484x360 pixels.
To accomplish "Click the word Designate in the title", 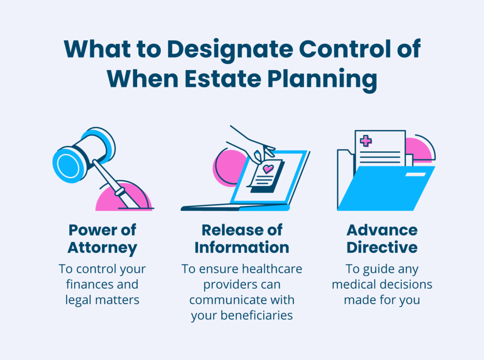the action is point(230,50).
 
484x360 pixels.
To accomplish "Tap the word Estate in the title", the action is point(223,79).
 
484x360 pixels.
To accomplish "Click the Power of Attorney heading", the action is point(102,239).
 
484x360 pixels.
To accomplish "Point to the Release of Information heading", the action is point(242,238).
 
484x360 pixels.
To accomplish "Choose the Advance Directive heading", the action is point(382,238).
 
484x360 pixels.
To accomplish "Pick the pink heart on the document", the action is point(268,169).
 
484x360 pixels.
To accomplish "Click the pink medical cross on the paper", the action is point(366,141).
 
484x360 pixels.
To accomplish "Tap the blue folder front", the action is point(386,188).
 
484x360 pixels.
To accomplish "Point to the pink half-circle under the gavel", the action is point(123,197).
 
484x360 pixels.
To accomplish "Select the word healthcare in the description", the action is point(268,269).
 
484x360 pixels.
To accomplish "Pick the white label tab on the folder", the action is point(415,175).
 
